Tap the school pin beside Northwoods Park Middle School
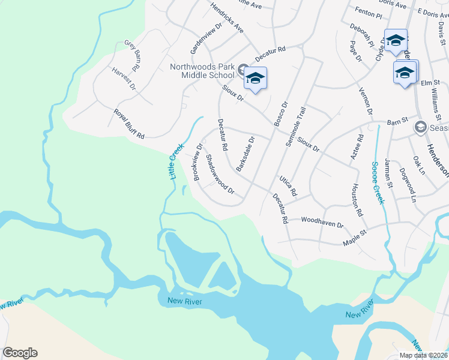coord(255,79)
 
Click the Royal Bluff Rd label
coord(129,124)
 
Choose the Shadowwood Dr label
coord(219,175)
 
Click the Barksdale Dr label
coord(246,154)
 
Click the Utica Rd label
coord(288,187)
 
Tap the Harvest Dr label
coord(124,79)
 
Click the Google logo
coord(20,353)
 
